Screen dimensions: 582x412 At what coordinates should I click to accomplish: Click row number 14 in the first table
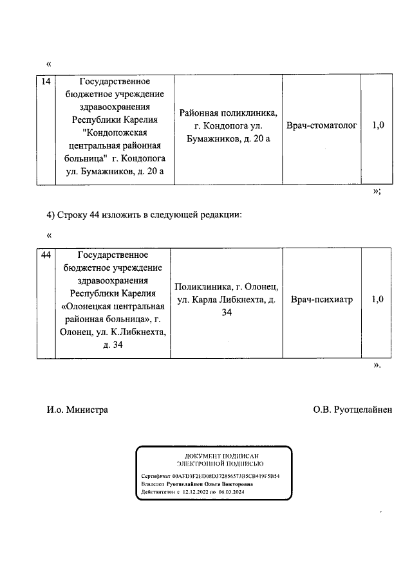pyautogui.click(x=45, y=82)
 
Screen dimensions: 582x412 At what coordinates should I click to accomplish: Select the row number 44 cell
pyautogui.click(x=45, y=255)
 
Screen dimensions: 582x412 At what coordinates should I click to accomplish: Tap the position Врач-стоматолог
pyautogui.click(x=321, y=126)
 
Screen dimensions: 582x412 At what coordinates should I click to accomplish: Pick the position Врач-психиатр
pyautogui.click(x=321, y=300)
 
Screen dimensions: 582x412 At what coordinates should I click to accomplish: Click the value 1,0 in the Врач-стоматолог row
pyautogui.click(x=378, y=126)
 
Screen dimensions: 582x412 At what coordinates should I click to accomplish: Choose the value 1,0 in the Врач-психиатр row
pyautogui.click(x=378, y=300)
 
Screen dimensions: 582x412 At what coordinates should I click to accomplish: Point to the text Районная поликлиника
pyautogui.click(x=228, y=113)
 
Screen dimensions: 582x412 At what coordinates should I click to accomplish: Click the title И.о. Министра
pyautogui.click(x=77, y=409)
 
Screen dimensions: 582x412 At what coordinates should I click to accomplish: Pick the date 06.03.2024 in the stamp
pyautogui.click(x=232, y=493)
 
